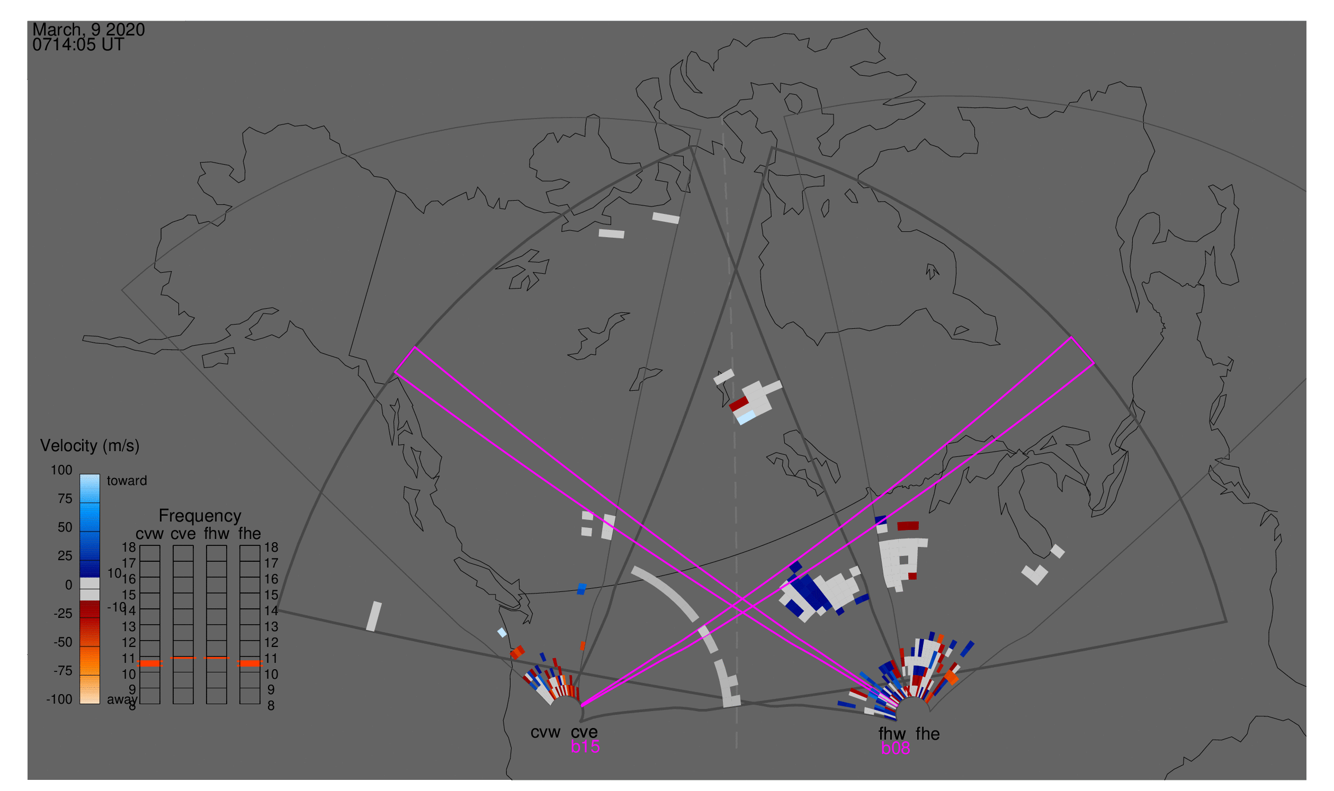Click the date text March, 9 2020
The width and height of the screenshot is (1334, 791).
click(x=88, y=30)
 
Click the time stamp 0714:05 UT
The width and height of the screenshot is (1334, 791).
click(x=78, y=45)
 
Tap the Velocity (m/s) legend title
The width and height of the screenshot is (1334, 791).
click(x=89, y=446)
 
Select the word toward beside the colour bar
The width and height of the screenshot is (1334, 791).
click(x=127, y=481)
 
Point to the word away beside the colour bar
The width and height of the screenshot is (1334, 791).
click(x=122, y=699)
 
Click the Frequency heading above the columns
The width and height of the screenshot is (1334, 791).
click(x=200, y=516)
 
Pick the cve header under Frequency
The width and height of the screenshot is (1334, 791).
click(x=183, y=534)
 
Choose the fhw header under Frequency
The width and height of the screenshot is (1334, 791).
click(x=216, y=534)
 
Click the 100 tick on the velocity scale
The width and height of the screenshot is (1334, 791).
click(x=61, y=470)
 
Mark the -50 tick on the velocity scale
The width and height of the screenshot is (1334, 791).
click(x=63, y=642)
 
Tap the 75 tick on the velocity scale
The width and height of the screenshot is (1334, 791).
click(x=65, y=499)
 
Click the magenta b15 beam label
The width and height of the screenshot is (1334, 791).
click(x=585, y=747)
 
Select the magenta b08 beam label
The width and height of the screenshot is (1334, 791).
click(x=895, y=748)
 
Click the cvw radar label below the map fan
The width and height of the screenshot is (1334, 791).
click(x=545, y=732)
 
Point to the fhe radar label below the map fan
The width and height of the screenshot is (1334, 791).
click(x=928, y=734)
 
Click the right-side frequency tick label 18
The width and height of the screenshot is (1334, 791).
click(x=271, y=547)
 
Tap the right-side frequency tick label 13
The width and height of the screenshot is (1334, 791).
click(x=271, y=627)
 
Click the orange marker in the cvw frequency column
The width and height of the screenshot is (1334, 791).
click(x=150, y=663)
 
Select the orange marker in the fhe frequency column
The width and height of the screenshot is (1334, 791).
click(x=249, y=663)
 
